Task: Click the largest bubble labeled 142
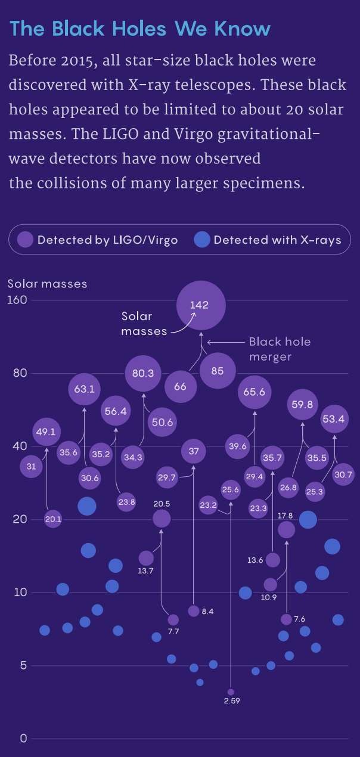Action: (201, 305)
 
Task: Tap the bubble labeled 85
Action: (217, 371)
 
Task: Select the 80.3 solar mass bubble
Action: (143, 374)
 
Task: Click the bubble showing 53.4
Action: (333, 419)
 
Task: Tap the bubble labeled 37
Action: (194, 451)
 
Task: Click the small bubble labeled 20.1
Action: (53, 520)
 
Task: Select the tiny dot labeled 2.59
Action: (231, 692)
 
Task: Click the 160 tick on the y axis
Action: (18, 300)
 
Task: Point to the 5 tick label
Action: (24, 665)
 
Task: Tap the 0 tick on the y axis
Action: (24, 739)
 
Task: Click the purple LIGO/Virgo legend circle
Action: (25, 240)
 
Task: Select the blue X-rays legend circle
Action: (202, 240)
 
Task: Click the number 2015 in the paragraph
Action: (75, 61)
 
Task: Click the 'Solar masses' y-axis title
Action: (47, 284)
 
